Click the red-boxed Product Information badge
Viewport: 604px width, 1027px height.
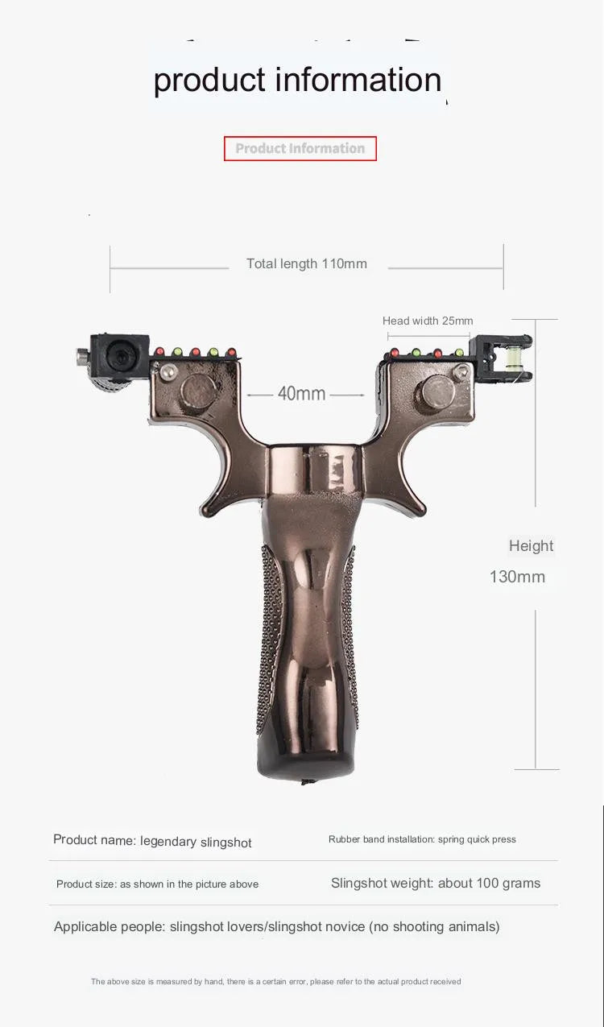pyautogui.click(x=300, y=149)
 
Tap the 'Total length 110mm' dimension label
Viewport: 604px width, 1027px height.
pyautogui.click(x=307, y=264)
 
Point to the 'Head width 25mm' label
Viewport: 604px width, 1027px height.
pyautogui.click(x=428, y=321)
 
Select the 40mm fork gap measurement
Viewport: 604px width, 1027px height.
pyautogui.click(x=302, y=394)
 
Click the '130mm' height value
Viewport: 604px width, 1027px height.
pyautogui.click(x=517, y=577)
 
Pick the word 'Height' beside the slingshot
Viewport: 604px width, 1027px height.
pyautogui.click(x=531, y=546)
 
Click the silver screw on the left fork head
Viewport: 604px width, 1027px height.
pyautogui.click(x=169, y=371)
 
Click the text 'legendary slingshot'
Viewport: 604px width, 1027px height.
pyautogui.click(x=196, y=842)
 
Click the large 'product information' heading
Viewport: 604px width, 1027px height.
pyautogui.click(x=297, y=81)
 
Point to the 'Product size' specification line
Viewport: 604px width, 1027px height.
pyautogui.click(x=157, y=884)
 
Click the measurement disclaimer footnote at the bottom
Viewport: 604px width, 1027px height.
pyautogui.click(x=275, y=982)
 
